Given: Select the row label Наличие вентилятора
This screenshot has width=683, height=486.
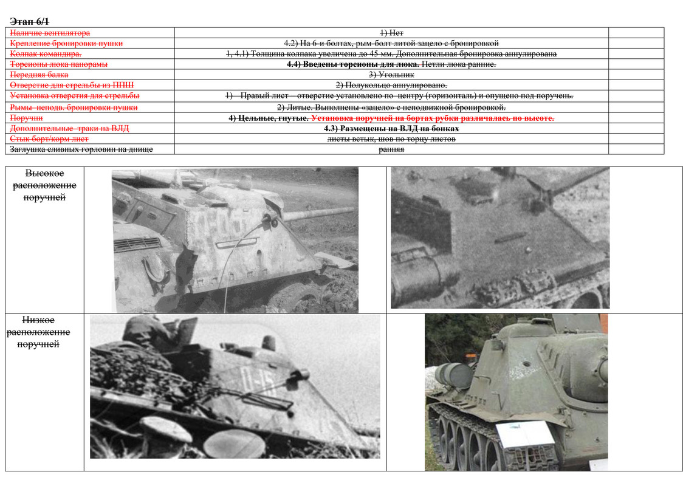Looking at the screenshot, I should [x=50, y=33].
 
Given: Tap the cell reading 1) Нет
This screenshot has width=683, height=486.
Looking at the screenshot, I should [x=391, y=33].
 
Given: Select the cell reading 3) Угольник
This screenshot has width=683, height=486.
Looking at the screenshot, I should [x=391, y=75].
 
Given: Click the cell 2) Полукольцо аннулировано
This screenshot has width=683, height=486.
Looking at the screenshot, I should [x=391, y=86].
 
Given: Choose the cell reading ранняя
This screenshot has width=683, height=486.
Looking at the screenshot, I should [x=391, y=149].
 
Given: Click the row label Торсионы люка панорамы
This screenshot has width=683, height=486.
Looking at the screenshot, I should [x=58, y=64].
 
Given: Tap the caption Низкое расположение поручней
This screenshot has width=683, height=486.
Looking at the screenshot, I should [x=38, y=332].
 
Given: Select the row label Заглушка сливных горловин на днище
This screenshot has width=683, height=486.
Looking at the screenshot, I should [x=81, y=149].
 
